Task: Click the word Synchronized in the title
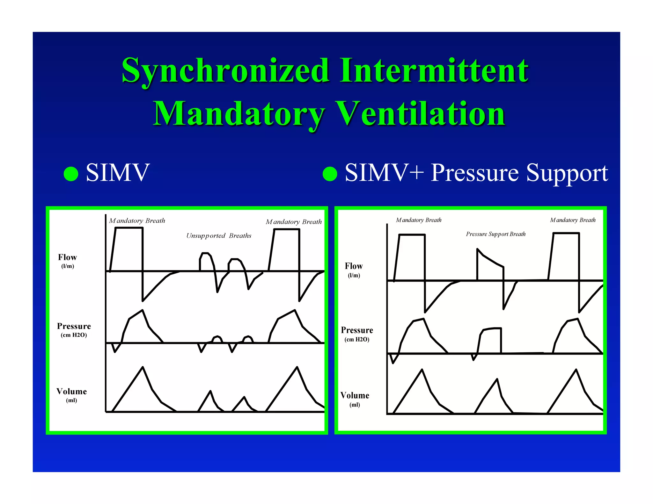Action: pos(225,71)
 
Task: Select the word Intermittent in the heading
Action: pos(434,71)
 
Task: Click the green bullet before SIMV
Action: pos(71,174)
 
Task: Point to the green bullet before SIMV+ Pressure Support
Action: pos(330,174)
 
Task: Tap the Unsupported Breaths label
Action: pos(219,236)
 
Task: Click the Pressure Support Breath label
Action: pos(495,234)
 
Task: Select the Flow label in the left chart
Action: pos(67,257)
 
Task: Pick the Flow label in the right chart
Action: pos(354,266)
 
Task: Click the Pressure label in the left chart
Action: pos(74,326)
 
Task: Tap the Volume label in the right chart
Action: pos(355,396)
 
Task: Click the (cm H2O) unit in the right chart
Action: pos(357,340)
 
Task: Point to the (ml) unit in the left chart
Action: pos(71,400)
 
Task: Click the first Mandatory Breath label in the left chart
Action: pos(137,221)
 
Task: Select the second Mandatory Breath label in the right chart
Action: pos(573,220)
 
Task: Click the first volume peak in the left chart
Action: pos(143,368)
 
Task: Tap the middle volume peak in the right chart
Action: pos(497,380)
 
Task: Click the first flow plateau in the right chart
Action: pos(412,235)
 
